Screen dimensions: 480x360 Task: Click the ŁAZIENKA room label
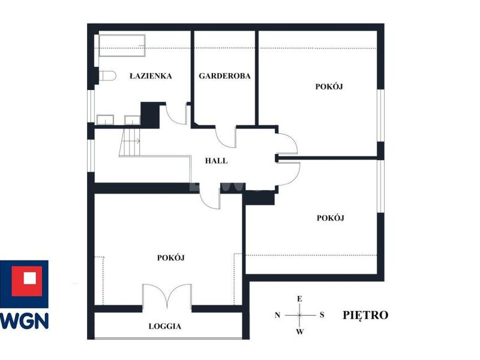click(x=151, y=76)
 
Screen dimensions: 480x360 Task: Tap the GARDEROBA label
click(x=224, y=76)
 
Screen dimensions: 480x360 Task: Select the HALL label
click(x=217, y=161)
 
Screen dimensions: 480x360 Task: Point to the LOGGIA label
click(x=165, y=326)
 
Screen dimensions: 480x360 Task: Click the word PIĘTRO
click(x=365, y=315)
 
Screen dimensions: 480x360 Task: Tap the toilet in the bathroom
click(x=107, y=76)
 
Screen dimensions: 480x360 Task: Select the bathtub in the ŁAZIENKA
click(x=122, y=46)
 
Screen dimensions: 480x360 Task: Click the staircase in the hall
click(x=130, y=143)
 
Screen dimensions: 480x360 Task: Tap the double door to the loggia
click(x=167, y=296)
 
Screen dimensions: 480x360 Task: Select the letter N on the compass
click(x=277, y=315)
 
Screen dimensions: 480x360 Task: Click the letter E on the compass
click(x=299, y=299)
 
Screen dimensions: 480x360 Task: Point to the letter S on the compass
click(x=322, y=314)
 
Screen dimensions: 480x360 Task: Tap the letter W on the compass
click(x=300, y=332)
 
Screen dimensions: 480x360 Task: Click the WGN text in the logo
click(x=25, y=321)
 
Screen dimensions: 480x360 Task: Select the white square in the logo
click(x=29, y=278)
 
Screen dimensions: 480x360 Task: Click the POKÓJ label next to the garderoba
click(x=329, y=86)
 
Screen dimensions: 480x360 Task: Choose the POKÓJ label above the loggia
click(x=171, y=258)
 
